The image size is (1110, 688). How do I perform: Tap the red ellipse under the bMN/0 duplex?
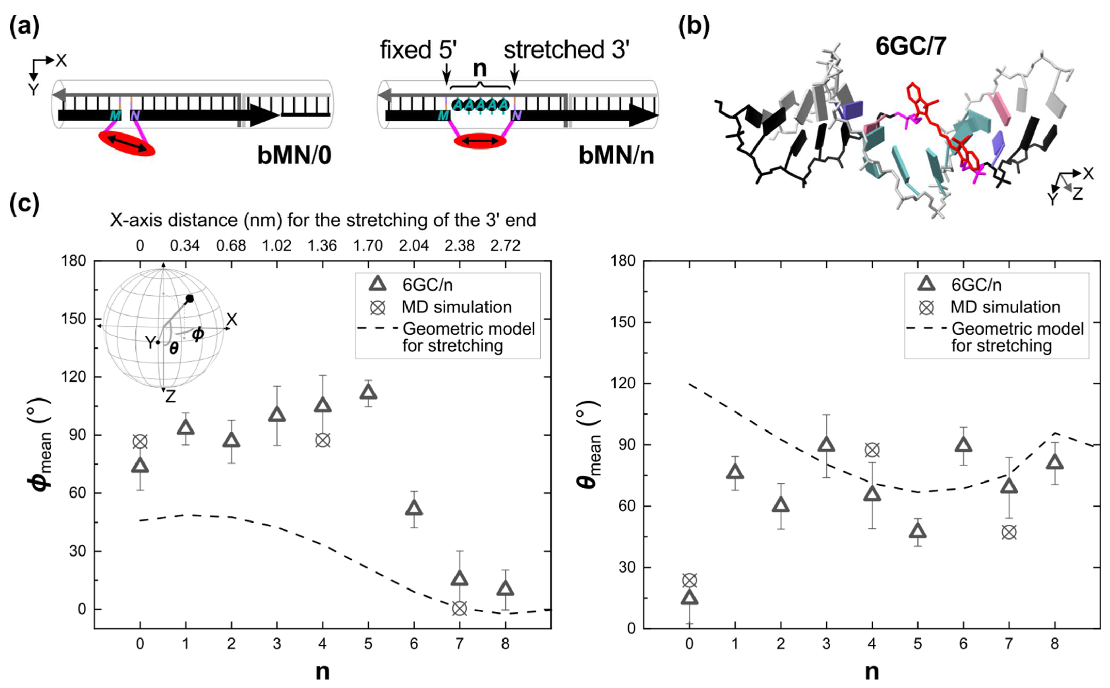click(x=127, y=143)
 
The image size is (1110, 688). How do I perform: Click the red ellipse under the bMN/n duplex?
click(x=480, y=141)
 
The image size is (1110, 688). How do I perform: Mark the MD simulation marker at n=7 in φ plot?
click(x=460, y=608)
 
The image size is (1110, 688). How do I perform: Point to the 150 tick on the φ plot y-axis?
click(x=73, y=319)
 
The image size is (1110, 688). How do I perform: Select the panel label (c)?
click(x=24, y=203)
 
